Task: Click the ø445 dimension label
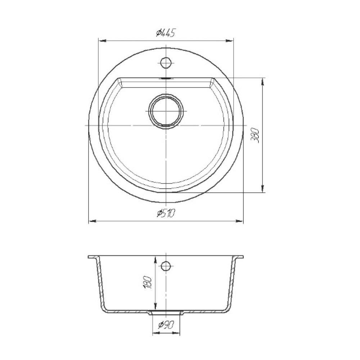click(x=166, y=33)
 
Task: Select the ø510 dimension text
click(x=166, y=213)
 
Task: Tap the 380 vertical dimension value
click(x=256, y=136)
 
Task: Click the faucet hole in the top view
click(x=166, y=62)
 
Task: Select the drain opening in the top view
click(x=166, y=111)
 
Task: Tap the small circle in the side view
click(x=166, y=266)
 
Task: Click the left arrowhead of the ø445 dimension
click(x=102, y=41)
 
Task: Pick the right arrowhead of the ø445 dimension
click(x=229, y=41)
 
